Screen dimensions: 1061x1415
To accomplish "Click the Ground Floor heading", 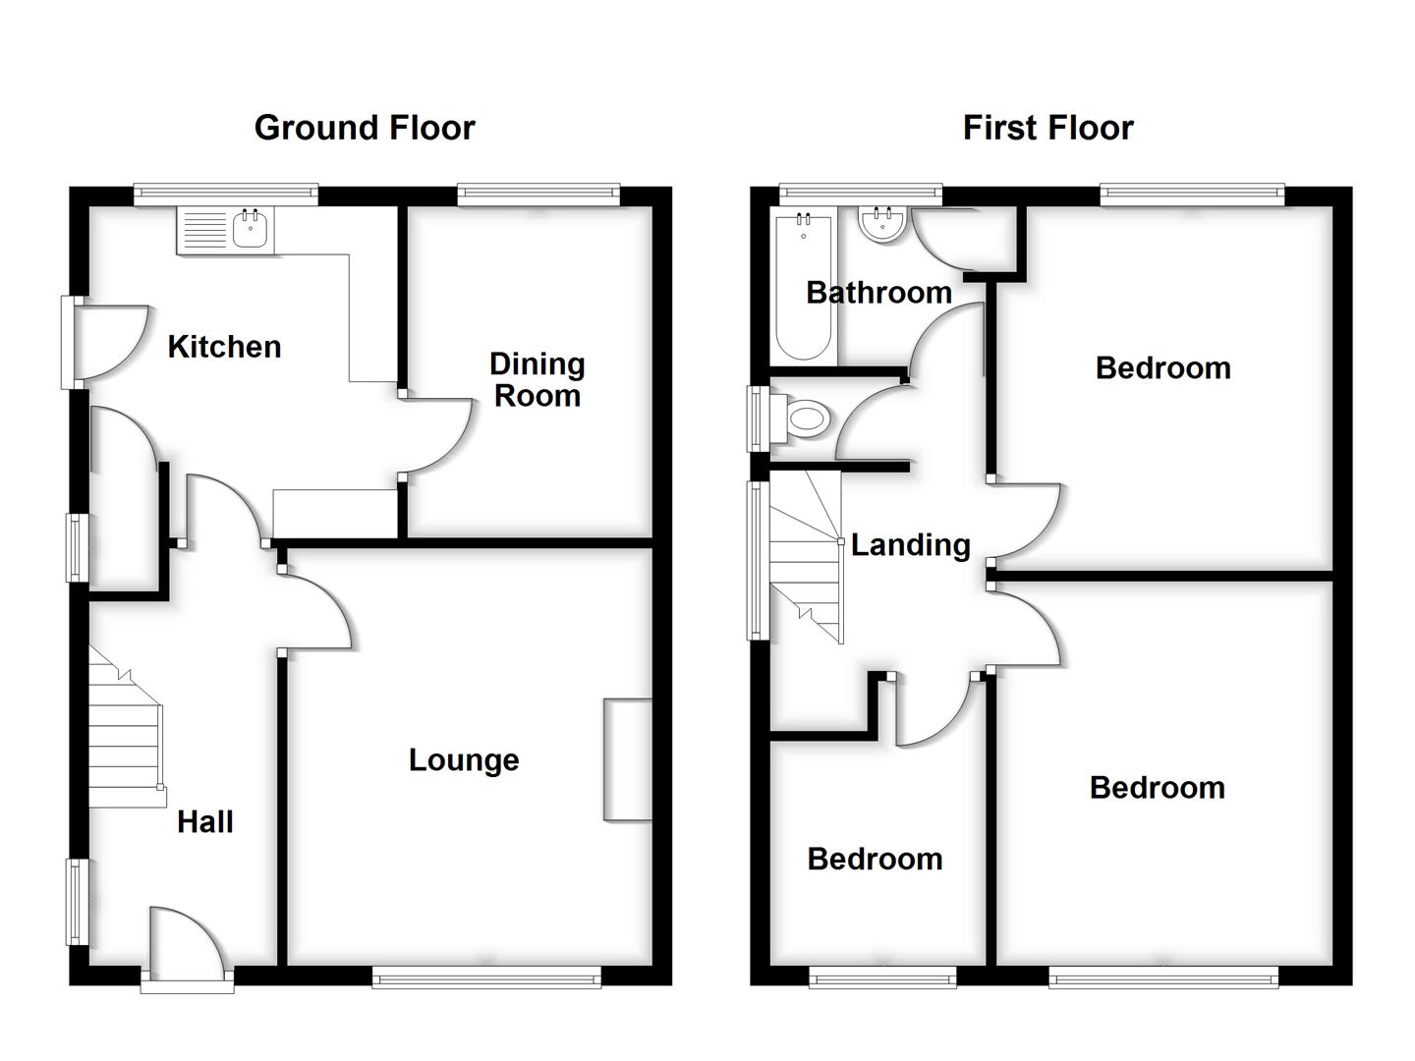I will pyautogui.click(x=365, y=128).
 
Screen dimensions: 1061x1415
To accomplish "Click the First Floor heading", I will pyautogui.click(x=1047, y=128).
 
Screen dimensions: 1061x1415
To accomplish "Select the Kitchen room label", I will pyautogui.click(x=224, y=347).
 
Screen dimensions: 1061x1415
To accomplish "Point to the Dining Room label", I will pyautogui.click(x=537, y=380).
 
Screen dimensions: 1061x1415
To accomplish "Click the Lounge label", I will pyautogui.click(x=464, y=760).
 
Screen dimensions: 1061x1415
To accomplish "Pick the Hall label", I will pyautogui.click(x=204, y=822).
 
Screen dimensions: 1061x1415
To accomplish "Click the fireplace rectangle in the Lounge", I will pyautogui.click(x=628, y=759).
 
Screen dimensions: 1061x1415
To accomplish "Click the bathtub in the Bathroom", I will pyautogui.click(x=805, y=287).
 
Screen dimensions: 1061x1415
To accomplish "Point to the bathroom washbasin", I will pyautogui.click(x=881, y=225).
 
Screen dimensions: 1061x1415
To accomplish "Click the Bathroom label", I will pyautogui.click(x=878, y=293).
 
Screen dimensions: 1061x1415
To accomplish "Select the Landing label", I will pyautogui.click(x=910, y=545).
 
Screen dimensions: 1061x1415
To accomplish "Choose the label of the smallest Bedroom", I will pyautogui.click(x=875, y=860).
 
